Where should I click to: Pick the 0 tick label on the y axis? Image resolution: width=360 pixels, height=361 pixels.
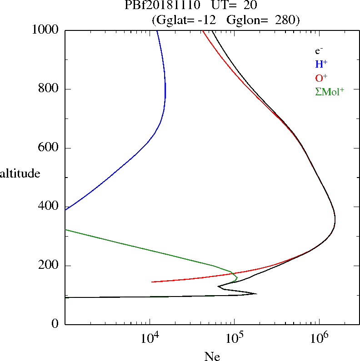(55, 324)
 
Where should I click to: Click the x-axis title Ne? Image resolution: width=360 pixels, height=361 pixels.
(212, 356)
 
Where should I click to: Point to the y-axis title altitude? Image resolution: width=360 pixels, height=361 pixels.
(20, 173)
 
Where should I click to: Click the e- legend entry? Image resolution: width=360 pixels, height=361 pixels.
(319, 51)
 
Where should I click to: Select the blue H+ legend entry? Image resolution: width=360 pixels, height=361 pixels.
(321, 64)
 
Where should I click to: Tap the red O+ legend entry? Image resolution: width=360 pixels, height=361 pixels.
(321, 78)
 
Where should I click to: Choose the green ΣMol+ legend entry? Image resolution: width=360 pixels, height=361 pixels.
(330, 91)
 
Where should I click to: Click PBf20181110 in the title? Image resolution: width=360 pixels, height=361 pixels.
(162, 6)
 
